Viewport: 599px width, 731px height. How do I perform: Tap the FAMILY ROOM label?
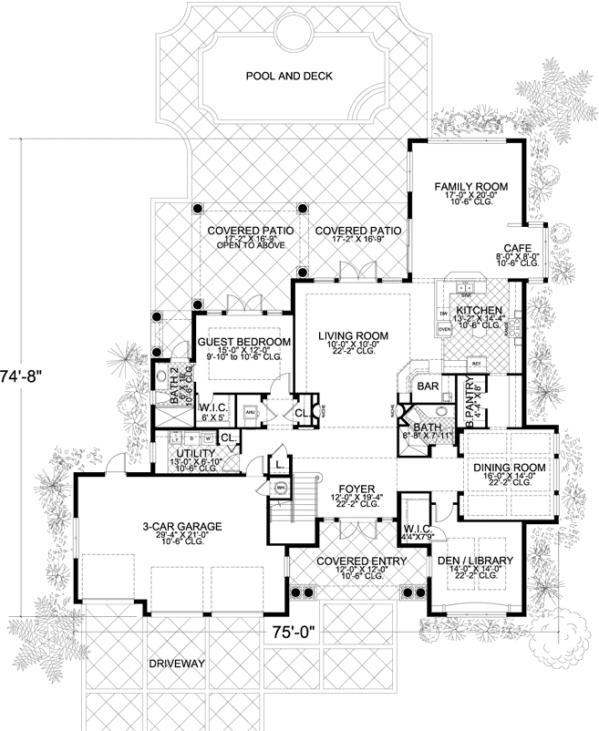[x=470, y=186]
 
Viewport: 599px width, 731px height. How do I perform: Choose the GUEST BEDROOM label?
[x=243, y=342]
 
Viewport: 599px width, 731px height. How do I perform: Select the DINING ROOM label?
[x=509, y=468]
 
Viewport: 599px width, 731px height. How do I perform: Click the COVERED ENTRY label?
[x=349, y=561]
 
